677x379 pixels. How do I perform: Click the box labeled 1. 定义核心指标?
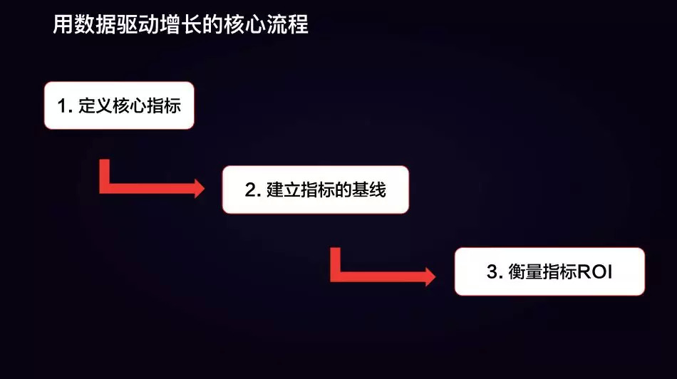(x=119, y=105)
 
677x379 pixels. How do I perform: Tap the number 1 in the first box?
(x=63, y=106)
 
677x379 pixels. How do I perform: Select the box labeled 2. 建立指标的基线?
(x=315, y=189)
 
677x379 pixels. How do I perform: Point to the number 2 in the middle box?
(x=250, y=190)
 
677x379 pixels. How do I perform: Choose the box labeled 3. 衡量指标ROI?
(x=549, y=271)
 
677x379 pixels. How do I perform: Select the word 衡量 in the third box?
(x=520, y=272)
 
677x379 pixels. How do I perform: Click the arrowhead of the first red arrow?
(x=199, y=188)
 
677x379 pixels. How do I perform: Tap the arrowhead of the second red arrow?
(x=430, y=274)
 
